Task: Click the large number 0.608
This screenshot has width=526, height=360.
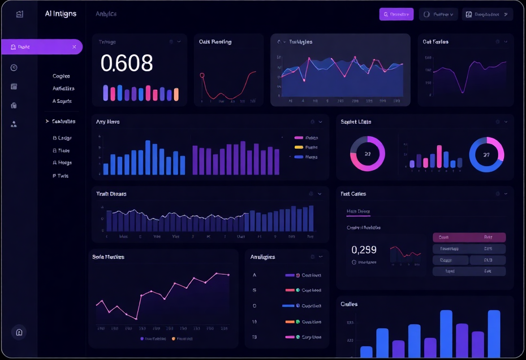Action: click(x=127, y=63)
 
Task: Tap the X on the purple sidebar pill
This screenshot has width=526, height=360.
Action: click(x=74, y=47)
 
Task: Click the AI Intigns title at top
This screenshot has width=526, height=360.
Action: click(x=61, y=14)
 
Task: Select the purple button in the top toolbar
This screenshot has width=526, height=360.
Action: click(x=396, y=14)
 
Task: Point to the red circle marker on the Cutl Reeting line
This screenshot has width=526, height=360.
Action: click(x=202, y=75)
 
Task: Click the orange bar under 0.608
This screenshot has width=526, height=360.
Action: click(x=175, y=94)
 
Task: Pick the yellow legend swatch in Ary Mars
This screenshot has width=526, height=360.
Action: click(x=299, y=147)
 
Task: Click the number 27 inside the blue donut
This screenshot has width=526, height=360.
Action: click(x=486, y=154)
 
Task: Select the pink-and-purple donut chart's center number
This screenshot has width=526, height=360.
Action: click(x=368, y=154)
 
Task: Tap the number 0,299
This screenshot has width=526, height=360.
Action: click(x=364, y=249)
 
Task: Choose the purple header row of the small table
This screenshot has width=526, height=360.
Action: click(x=469, y=237)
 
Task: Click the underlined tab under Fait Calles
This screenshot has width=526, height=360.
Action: click(x=358, y=211)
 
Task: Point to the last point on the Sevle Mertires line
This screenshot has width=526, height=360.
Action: click(x=228, y=275)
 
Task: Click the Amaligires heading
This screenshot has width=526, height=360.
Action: click(x=263, y=257)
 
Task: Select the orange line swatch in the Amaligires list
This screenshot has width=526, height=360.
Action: click(x=290, y=322)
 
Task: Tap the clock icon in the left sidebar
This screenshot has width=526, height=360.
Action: click(x=14, y=68)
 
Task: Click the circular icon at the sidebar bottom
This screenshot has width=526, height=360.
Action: click(x=19, y=332)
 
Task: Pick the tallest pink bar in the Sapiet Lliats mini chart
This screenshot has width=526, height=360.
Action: click(x=439, y=157)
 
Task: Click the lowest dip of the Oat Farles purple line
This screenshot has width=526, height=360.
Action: click(x=463, y=92)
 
